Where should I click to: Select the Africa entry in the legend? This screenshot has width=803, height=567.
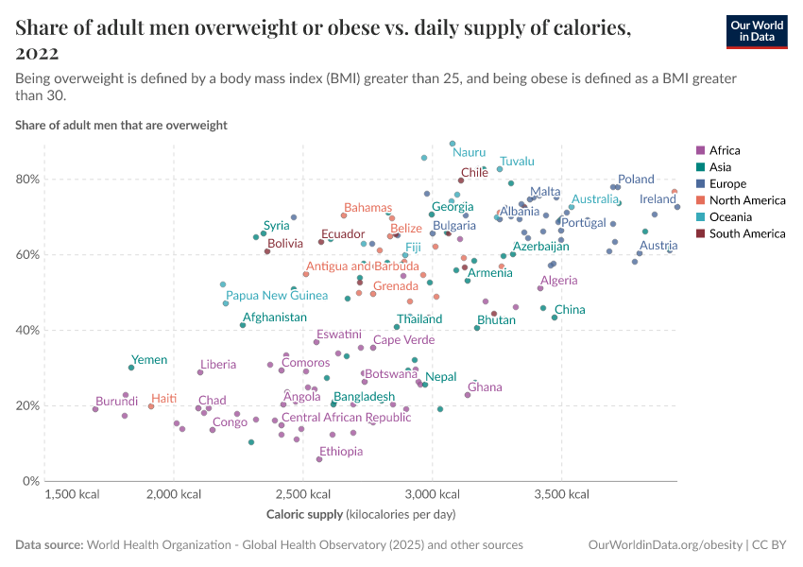point(725,150)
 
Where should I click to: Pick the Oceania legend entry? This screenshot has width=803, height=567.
point(730,217)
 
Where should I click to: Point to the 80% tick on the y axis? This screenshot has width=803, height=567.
point(27,180)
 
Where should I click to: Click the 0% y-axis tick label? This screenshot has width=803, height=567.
point(31,481)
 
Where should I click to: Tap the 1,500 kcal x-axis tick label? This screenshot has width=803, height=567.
point(73,494)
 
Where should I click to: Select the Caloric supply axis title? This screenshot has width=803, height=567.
point(362,513)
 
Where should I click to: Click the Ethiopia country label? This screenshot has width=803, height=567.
point(341,452)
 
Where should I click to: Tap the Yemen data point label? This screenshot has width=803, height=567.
point(149,360)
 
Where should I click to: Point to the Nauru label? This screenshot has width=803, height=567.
point(470,152)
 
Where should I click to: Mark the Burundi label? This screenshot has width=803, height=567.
point(117,402)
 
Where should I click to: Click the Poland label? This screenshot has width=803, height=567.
point(636,180)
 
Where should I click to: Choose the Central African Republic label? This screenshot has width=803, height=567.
point(347,418)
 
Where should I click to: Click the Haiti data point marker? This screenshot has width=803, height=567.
point(151,406)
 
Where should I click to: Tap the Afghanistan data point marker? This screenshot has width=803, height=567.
point(243,325)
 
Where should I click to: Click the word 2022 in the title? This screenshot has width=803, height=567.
point(37,52)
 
